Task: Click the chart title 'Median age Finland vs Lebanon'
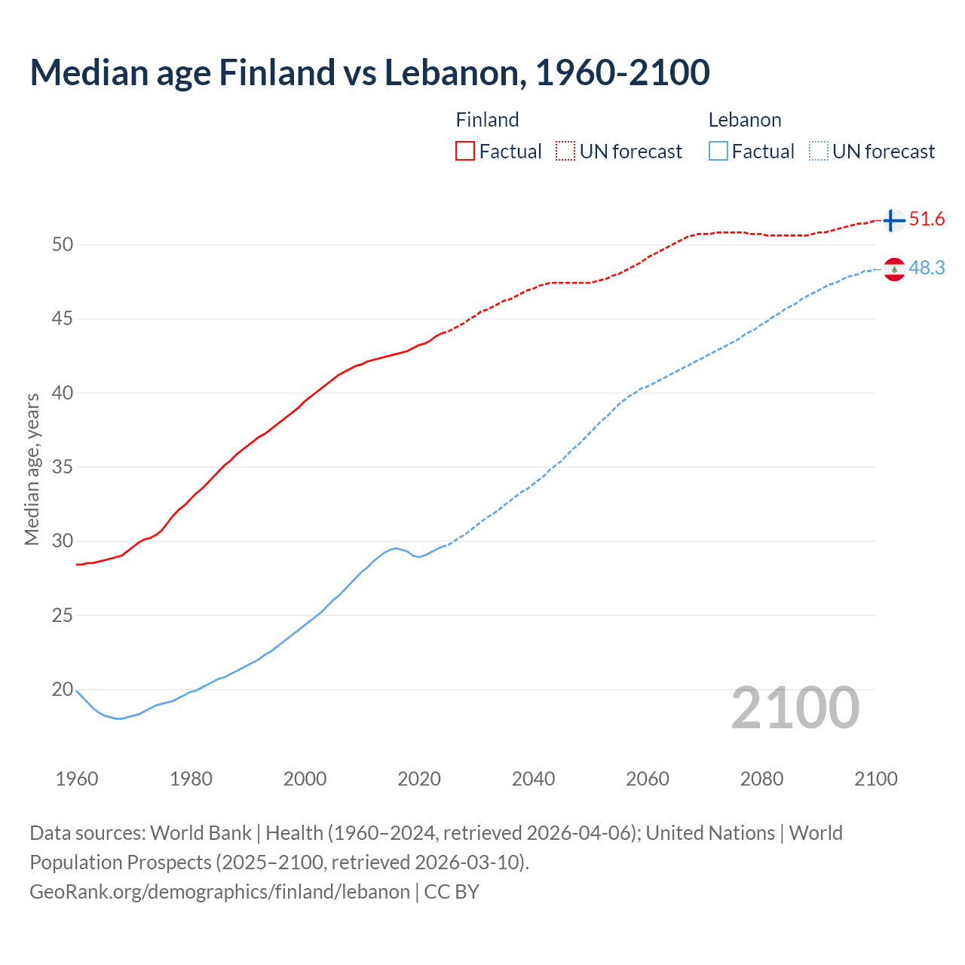pyautogui.click(x=369, y=72)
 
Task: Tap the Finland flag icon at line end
pyautogui.click(x=893, y=220)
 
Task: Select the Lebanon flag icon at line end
pyautogui.click(x=894, y=269)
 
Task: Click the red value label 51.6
pyautogui.click(x=927, y=219)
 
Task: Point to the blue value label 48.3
pyautogui.click(x=927, y=268)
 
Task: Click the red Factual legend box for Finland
pyautogui.click(x=465, y=152)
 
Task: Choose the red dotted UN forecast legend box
pyautogui.click(x=565, y=152)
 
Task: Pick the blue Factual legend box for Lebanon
pyautogui.click(x=718, y=152)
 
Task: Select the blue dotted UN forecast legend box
pyautogui.click(x=819, y=152)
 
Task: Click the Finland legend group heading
pyautogui.click(x=487, y=120)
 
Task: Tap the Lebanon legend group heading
pyautogui.click(x=745, y=120)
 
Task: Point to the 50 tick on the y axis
pyautogui.click(x=63, y=244)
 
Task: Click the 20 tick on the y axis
pyautogui.click(x=63, y=689)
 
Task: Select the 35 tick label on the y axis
pyautogui.click(x=63, y=467)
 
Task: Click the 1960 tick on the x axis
pyautogui.click(x=77, y=779)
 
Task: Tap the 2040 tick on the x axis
pyautogui.click(x=533, y=779)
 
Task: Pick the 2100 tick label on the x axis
pyautogui.click(x=876, y=779)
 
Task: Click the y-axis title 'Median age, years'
pyautogui.click(x=32, y=469)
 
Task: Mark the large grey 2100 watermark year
pyautogui.click(x=795, y=708)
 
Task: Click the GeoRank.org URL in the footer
pyautogui.click(x=219, y=892)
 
